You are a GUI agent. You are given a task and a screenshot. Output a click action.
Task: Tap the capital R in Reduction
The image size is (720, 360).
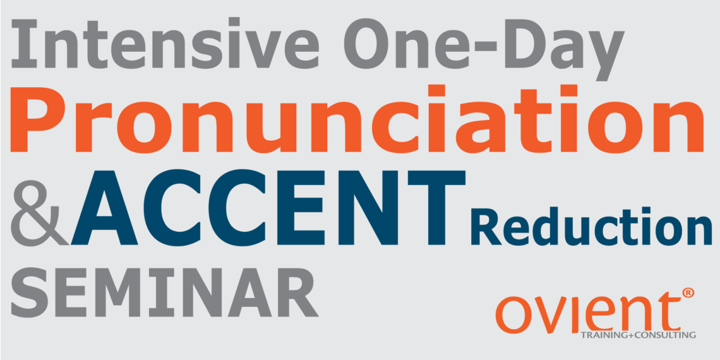click(493, 227)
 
